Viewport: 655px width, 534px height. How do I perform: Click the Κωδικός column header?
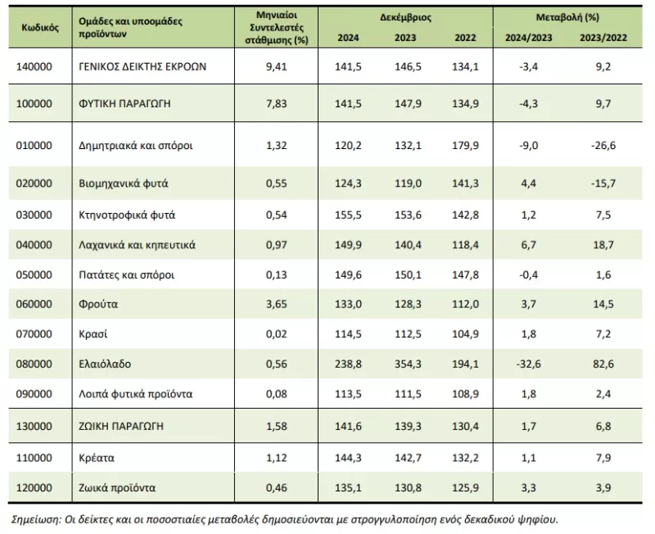coord(40,28)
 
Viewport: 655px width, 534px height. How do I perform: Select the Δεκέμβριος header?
coord(405,17)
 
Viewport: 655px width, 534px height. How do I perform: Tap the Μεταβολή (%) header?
coord(567,17)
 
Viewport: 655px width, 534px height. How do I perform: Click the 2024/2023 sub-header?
coord(528,38)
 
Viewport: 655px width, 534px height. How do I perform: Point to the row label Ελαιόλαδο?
coord(105,364)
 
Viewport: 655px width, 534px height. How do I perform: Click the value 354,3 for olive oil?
coord(408,364)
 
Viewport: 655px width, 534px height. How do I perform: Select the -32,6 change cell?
coord(528,364)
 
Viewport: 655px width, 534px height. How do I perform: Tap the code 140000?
coord(34,66)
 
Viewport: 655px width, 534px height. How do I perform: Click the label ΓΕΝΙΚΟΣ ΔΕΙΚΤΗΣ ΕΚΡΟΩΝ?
coord(142,66)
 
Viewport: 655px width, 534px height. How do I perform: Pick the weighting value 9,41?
coord(277,66)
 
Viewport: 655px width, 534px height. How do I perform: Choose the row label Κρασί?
coord(93,334)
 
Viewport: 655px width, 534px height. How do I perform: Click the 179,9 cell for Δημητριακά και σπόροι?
coord(465,146)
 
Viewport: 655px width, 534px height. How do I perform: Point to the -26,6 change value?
coord(603,146)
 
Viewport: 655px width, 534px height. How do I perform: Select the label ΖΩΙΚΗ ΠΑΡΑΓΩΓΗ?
coord(121,426)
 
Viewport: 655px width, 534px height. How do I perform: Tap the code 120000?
coord(34,487)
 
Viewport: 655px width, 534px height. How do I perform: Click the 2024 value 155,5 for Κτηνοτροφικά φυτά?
coord(348,215)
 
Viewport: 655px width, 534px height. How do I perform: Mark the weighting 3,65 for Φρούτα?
coord(277,304)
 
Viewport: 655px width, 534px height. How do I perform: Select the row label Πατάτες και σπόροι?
coord(127,275)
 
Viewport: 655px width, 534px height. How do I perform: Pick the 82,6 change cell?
coord(603,364)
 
